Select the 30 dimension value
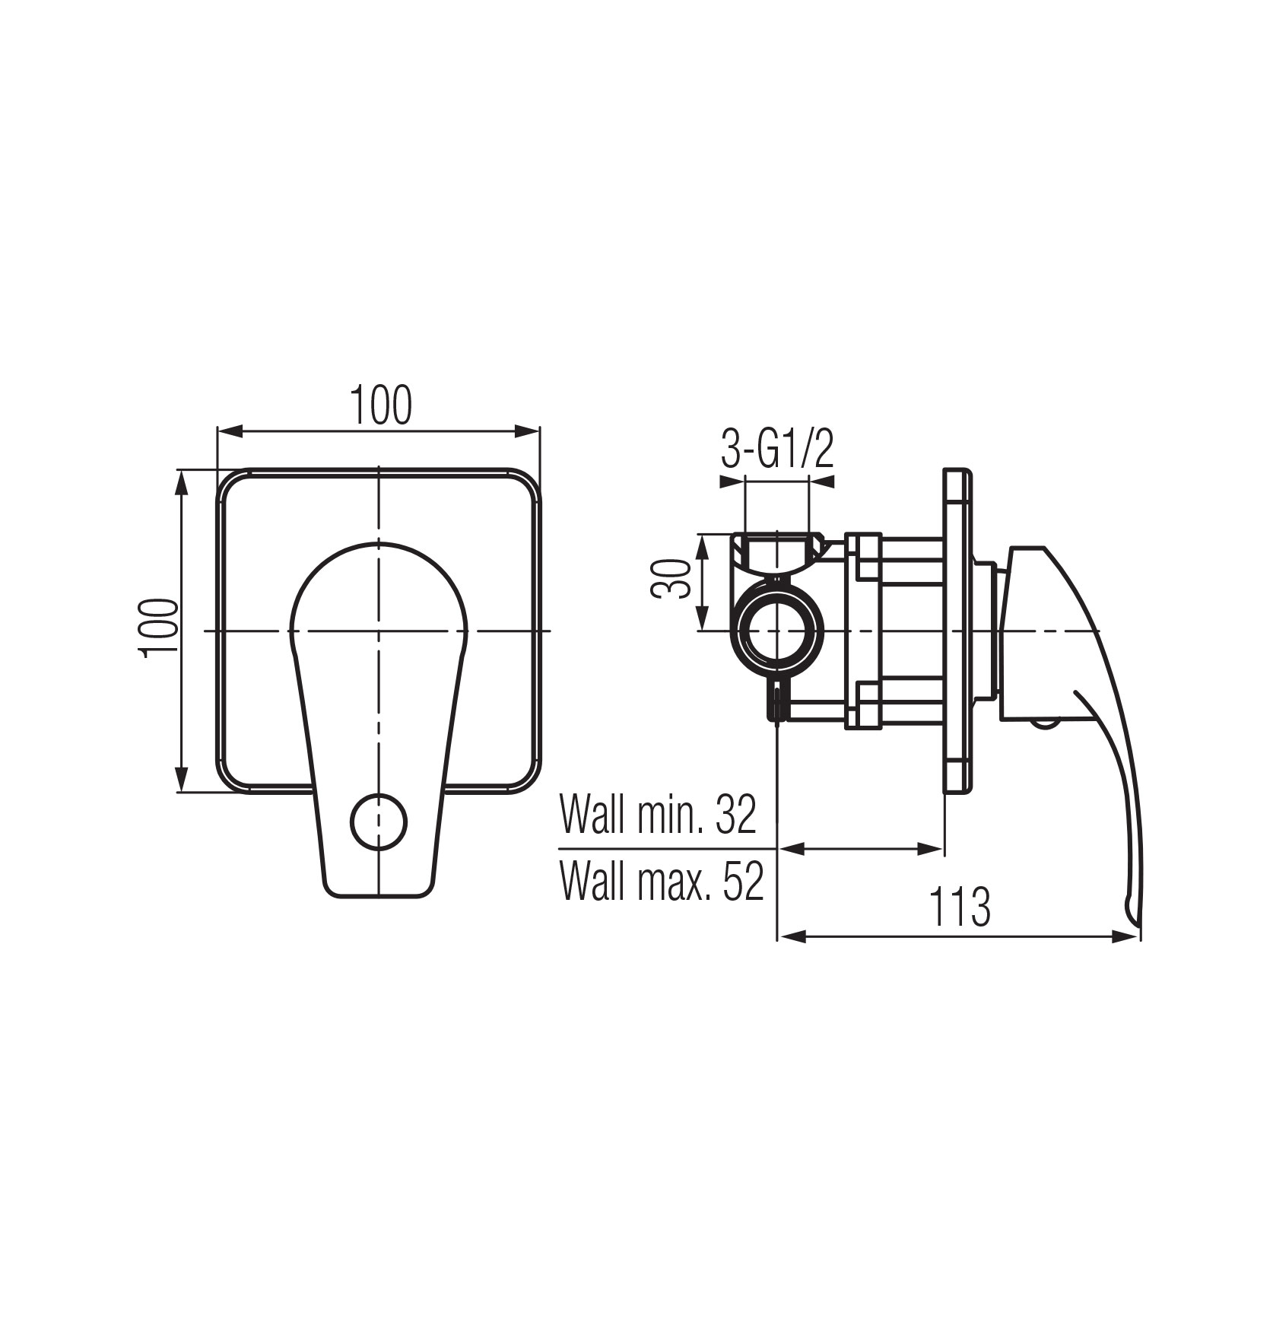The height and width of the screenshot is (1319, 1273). point(671,580)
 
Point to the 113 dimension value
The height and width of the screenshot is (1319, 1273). point(960,907)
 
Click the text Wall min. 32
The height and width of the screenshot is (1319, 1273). point(659,815)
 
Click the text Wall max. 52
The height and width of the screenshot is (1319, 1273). point(662,882)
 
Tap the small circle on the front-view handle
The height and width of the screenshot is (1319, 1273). point(379,822)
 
